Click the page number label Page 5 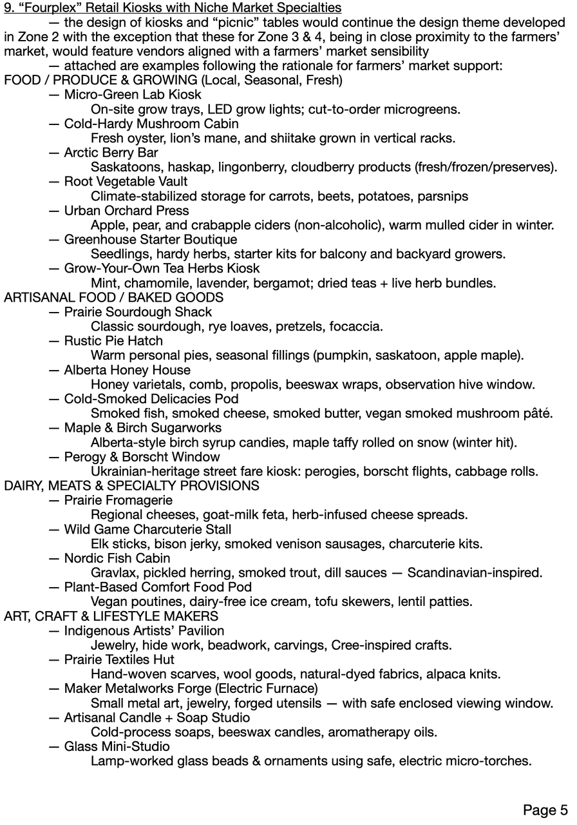pos(545,810)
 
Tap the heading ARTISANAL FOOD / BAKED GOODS pos(113,297)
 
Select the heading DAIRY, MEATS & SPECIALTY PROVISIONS pos(131,485)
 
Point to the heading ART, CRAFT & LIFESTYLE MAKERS pos(111,616)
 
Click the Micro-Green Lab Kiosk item pos(133,94)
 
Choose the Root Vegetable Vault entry pos(126,182)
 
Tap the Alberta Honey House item pos(127,370)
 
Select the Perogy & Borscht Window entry pos(142,456)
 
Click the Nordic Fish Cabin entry pos(117,558)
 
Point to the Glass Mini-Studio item pos(117,746)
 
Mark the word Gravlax pos(114,572)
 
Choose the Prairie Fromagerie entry pos(118,500)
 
